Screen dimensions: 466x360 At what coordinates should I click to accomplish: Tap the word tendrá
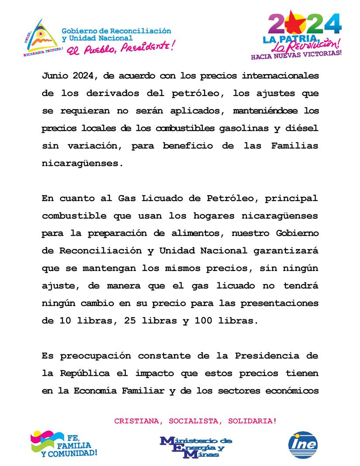[302, 285]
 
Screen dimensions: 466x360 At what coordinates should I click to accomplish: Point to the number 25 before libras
[130, 320]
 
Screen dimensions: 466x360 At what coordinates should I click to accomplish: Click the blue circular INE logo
[303, 445]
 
